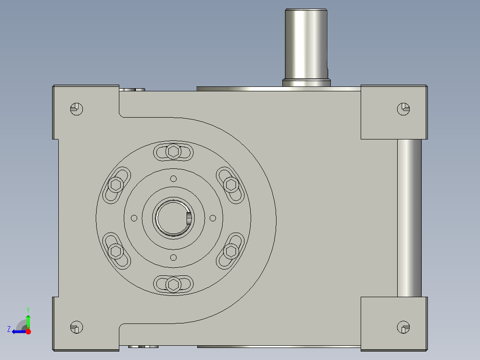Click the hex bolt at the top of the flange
click(173, 152)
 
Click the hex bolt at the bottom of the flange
click(173, 284)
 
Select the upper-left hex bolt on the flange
click(116, 184)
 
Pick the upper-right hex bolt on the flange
click(231, 184)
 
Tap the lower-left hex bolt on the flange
click(116, 251)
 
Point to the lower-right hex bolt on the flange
click(231, 251)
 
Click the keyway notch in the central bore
click(189, 218)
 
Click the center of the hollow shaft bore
click(173, 218)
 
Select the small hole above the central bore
click(173, 179)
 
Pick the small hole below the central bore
click(173, 257)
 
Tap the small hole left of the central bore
click(134, 218)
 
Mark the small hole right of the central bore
click(212, 217)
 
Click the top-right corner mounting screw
click(403, 108)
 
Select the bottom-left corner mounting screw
click(77, 327)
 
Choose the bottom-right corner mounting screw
click(403, 327)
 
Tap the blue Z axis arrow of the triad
click(17, 331)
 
